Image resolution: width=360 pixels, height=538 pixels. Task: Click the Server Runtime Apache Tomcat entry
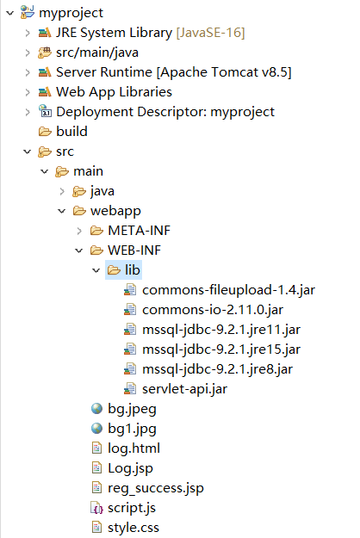161,71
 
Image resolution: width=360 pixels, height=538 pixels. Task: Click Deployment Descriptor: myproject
164,111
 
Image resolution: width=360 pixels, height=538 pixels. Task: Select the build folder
71,131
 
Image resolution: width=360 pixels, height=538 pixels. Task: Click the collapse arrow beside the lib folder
95,270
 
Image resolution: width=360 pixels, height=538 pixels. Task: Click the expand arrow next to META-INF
78,231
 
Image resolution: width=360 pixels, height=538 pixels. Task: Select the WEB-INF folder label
133,250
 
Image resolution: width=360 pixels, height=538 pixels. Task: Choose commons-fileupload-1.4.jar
228,290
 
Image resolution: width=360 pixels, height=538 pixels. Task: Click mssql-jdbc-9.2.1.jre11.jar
221,330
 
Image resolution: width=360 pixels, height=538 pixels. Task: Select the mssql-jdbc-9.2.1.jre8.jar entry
217,369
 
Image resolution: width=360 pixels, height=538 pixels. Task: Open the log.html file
133,448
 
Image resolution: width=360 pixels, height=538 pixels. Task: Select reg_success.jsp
155,488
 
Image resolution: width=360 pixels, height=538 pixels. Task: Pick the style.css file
133,528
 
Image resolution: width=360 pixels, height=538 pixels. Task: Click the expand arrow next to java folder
63,191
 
